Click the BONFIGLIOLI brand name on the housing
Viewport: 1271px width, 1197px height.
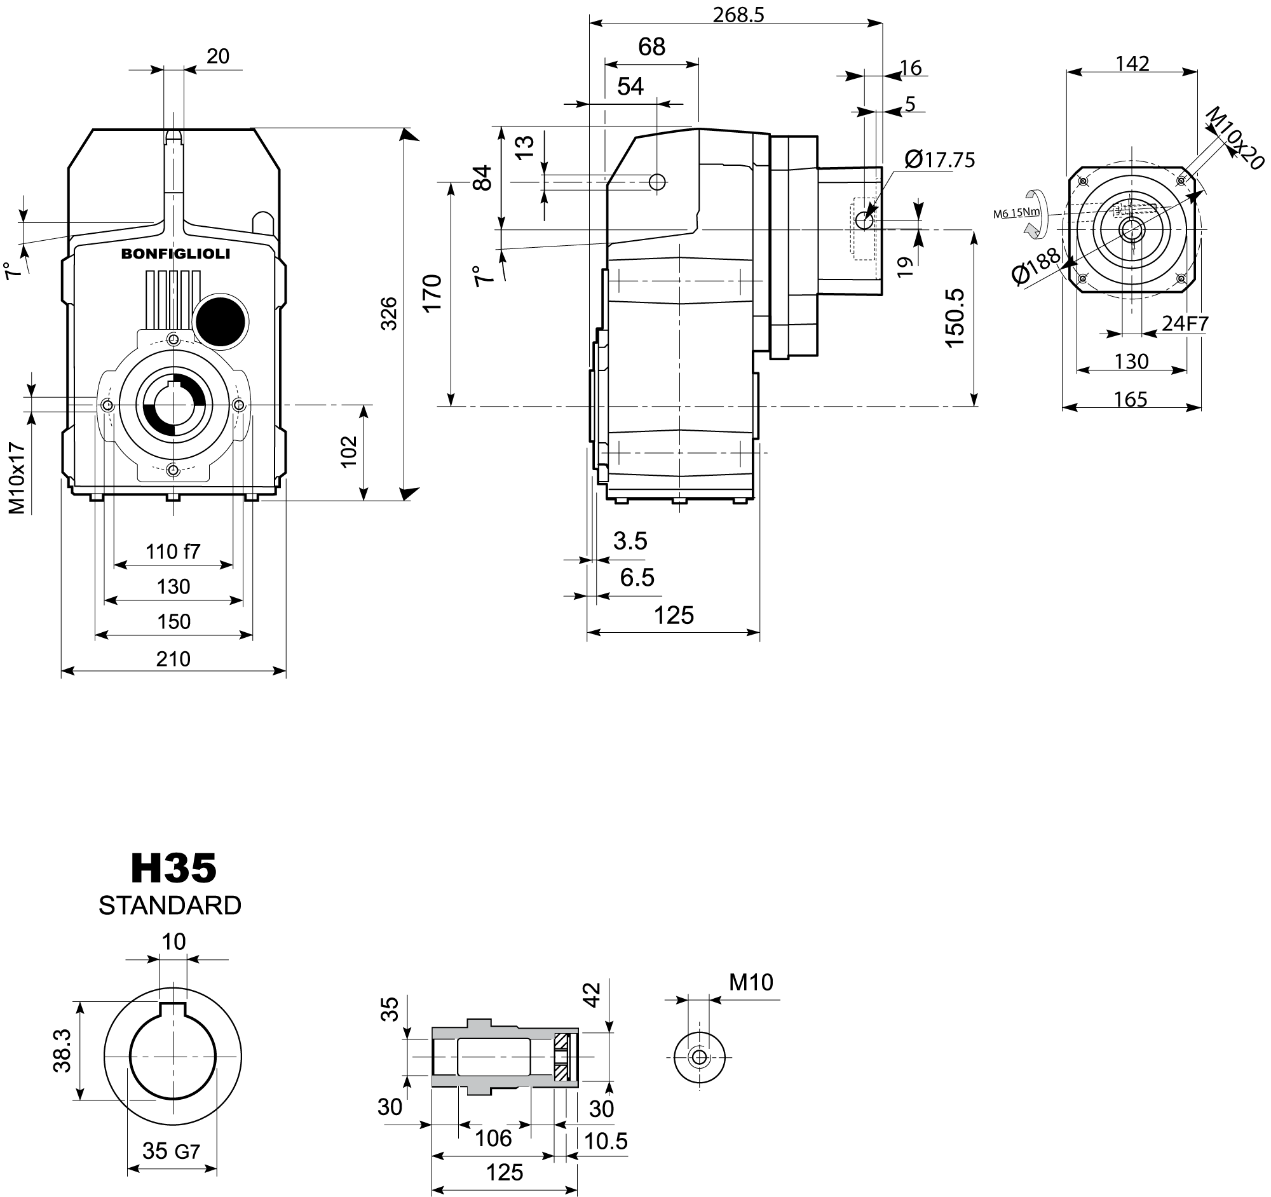click(176, 254)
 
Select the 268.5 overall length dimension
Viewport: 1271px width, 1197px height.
click(738, 15)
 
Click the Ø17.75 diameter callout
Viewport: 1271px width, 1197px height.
click(940, 159)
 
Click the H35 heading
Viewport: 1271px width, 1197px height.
click(173, 869)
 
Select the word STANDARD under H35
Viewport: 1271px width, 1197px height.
click(170, 905)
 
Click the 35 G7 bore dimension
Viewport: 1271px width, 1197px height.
click(171, 1151)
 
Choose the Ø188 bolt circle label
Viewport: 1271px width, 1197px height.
click(1036, 266)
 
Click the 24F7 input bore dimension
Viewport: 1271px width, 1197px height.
click(1185, 324)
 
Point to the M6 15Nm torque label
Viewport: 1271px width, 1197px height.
click(1016, 213)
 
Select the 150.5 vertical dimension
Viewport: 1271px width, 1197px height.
click(954, 318)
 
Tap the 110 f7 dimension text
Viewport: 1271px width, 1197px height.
click(173, 551)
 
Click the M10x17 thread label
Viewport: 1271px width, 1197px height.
click(17, 477)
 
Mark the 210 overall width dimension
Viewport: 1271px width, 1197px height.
click(173, 659)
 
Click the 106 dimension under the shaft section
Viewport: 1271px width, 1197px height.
click(494, 1137)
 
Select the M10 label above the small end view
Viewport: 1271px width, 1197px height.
click(751, 982)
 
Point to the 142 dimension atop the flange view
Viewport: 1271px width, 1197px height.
click(1132, 64)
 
